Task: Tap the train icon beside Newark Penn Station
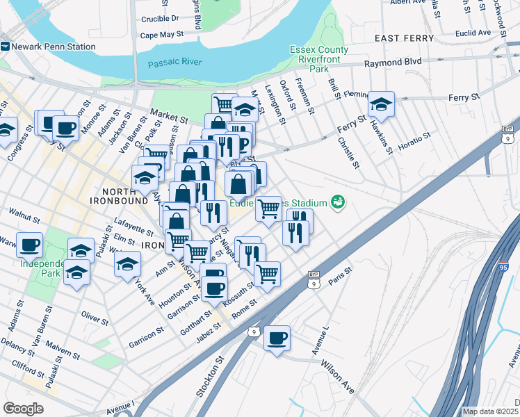(6, 47)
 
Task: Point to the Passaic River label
(174, 63)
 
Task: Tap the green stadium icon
(338, 202)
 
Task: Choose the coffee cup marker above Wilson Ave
(277, 338)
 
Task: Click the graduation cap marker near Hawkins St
(381, 104)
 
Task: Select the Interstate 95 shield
(504, 268)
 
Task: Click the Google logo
(24, 409)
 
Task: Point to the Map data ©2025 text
(490, 411)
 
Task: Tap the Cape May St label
(161, 33)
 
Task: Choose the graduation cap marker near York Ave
(127, 263)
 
